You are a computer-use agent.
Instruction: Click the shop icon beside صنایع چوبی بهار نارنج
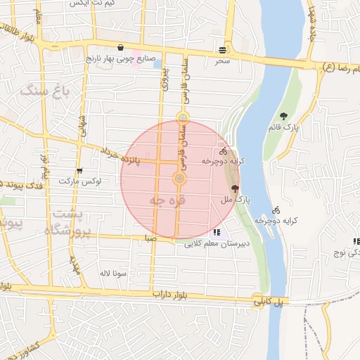(122, 48)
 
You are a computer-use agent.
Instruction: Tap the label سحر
(223, 61)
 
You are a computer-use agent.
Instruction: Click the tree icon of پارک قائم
(283, 116)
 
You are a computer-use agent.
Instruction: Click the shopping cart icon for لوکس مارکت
(79, 170)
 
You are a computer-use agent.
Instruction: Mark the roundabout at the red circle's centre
(180, 179)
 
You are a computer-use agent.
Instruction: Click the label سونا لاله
(112, 272)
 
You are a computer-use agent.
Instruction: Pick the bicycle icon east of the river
(276, 210)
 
